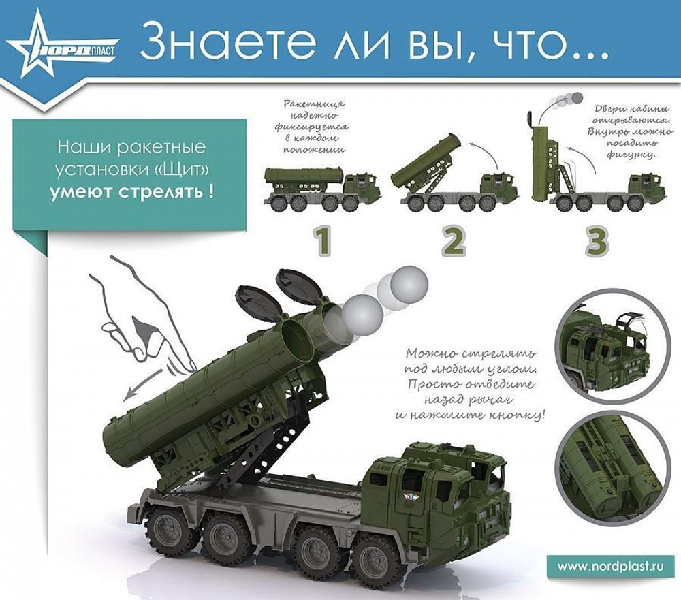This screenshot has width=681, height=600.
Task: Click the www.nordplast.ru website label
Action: click(x=610, y=566)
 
